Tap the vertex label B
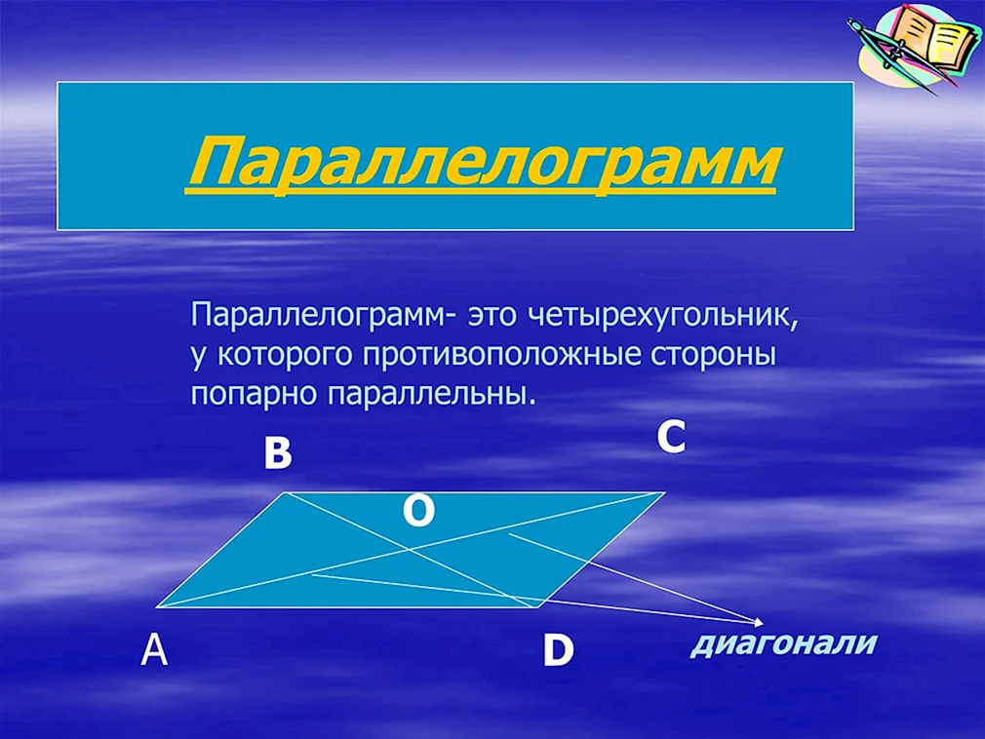point(278,453)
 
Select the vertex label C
point(671,437)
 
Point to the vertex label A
point(154,649)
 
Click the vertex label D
point(558,650)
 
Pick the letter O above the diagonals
point(418,511)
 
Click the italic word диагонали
point(783,643)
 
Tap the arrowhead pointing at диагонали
point(759,622)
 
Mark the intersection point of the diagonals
point(411,550)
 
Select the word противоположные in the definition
point(502,355)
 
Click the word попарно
point(256,394)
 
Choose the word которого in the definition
point(285,356)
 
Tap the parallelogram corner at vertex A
point(157,606)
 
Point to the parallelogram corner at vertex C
point(664,493)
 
